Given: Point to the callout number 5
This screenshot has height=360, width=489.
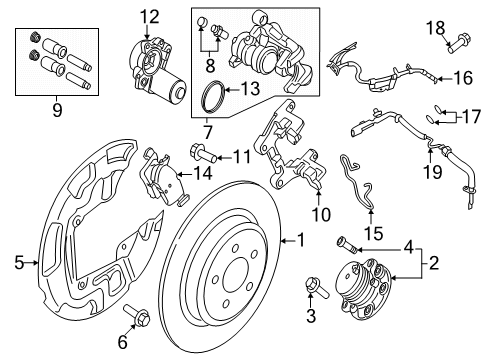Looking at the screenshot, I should (x=17, y=264).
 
